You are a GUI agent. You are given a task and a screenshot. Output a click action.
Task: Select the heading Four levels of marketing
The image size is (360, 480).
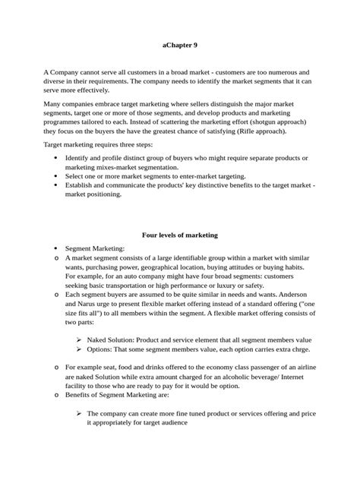pos(179,235)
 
